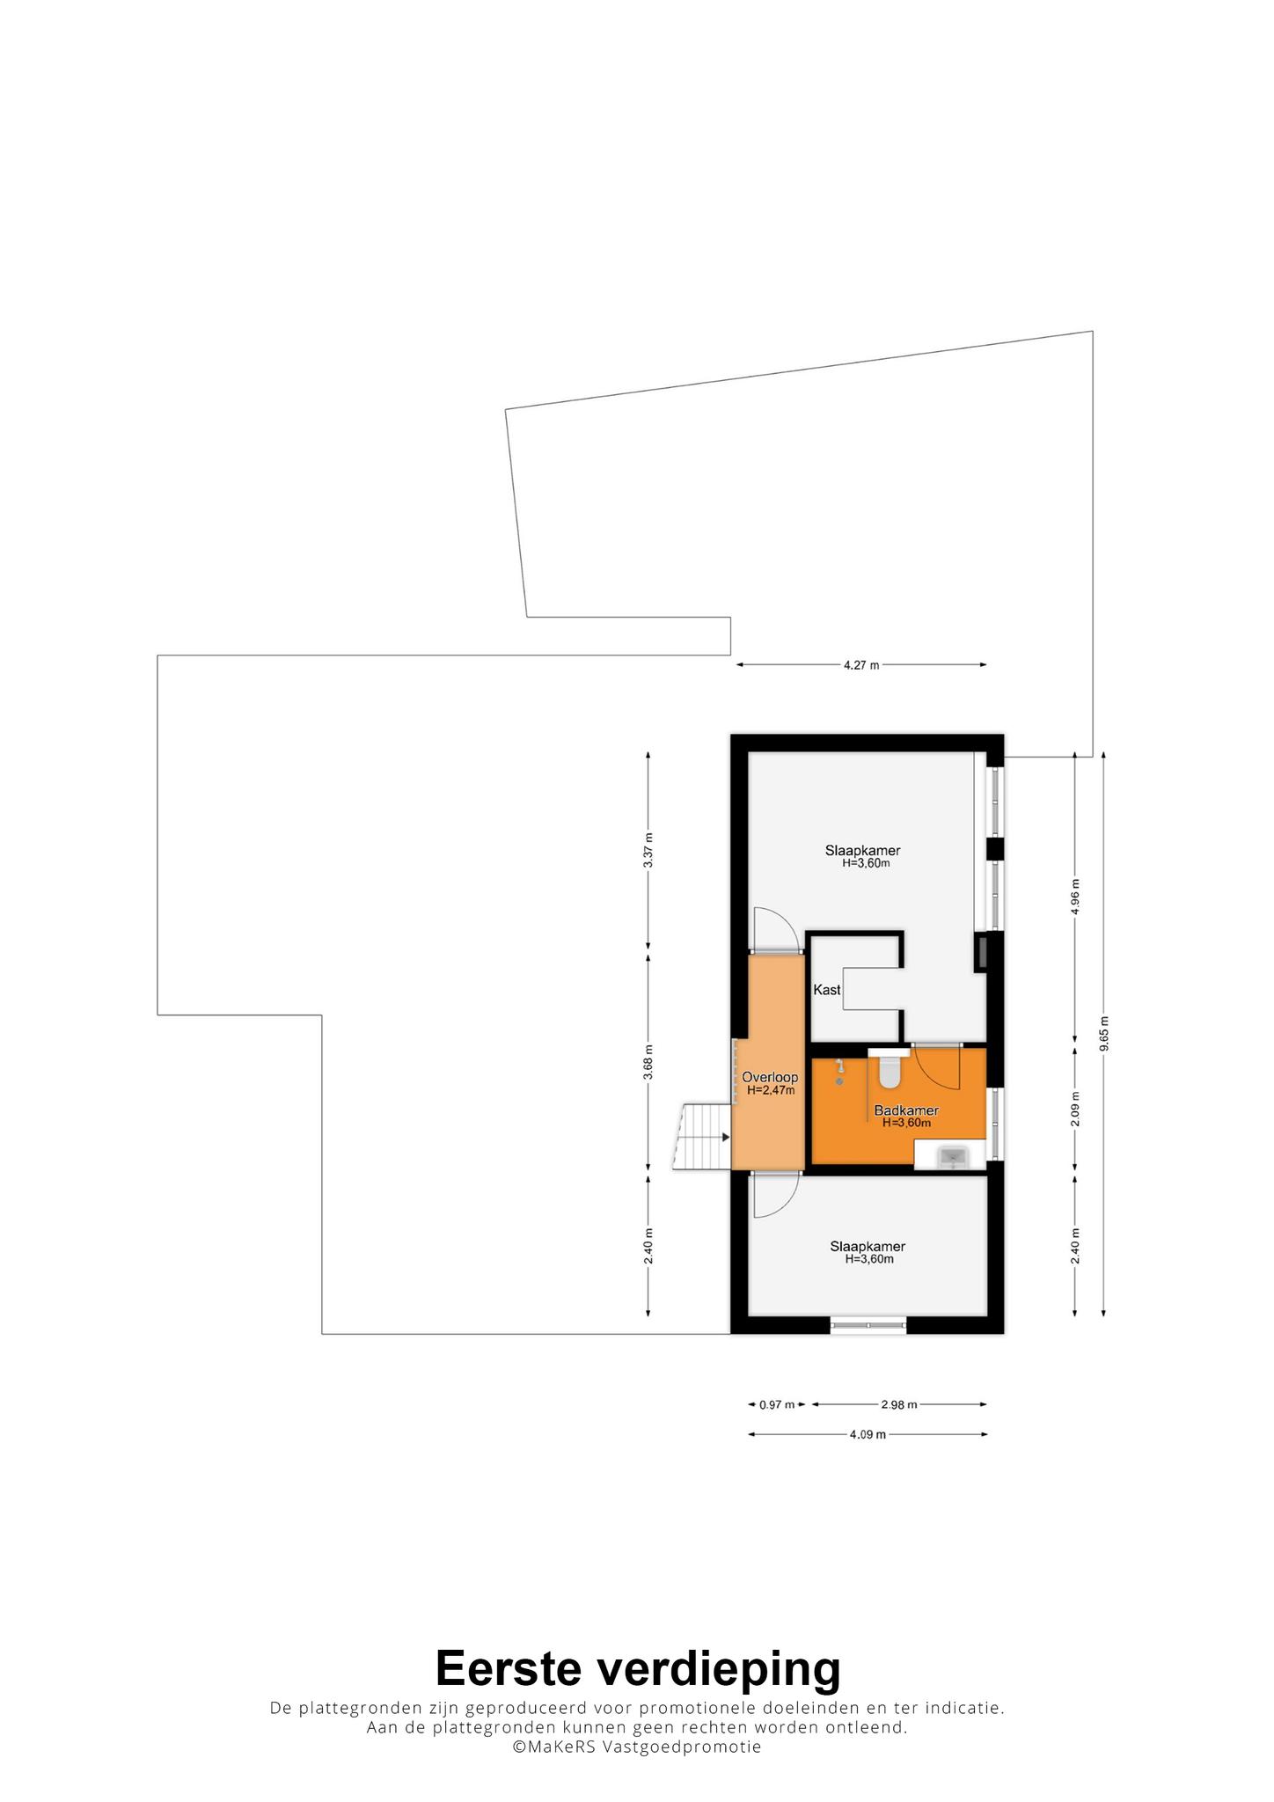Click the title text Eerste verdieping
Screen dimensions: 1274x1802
(x=638, y=1667)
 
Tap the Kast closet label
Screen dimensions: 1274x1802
(x=827, y=990)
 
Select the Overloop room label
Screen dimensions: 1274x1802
(x=770, y=1077)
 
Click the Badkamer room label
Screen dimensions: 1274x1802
(x=906, y=1110)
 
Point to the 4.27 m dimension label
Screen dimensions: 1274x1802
(x=861, y=665)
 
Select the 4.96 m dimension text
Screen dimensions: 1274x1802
(x=1075, y=897)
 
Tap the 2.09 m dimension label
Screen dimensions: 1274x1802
(x=1075, y=1109)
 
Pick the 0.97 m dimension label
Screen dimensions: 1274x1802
(x=777, y=1404)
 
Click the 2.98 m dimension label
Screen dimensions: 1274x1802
(x=899, y=1404)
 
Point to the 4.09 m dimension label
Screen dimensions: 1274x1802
(x=868, y=1434)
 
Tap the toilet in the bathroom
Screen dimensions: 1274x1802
(x=889, y=1066)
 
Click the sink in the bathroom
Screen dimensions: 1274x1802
(x=952, y=1155)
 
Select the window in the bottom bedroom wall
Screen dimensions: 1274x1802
(x=868, y=1325)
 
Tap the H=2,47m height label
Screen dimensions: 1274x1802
(x=771, y=1090)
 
